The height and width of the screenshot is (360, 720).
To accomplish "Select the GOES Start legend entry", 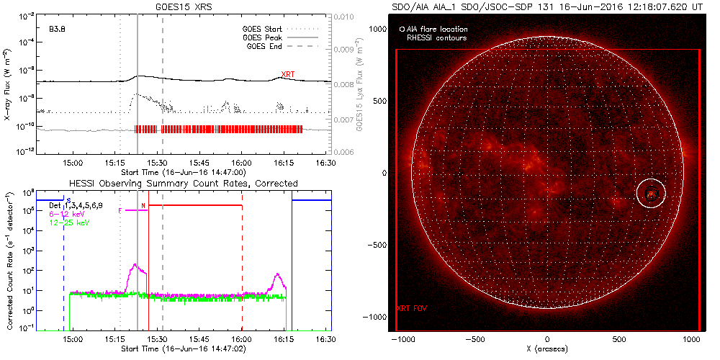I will click(266, 30).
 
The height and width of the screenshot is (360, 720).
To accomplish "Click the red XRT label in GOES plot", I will click(287, 74).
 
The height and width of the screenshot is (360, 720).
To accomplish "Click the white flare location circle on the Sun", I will click(651, 194).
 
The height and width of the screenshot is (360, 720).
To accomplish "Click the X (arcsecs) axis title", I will click(547, 348).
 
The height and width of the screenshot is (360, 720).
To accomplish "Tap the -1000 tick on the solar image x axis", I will click(402, 338).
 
